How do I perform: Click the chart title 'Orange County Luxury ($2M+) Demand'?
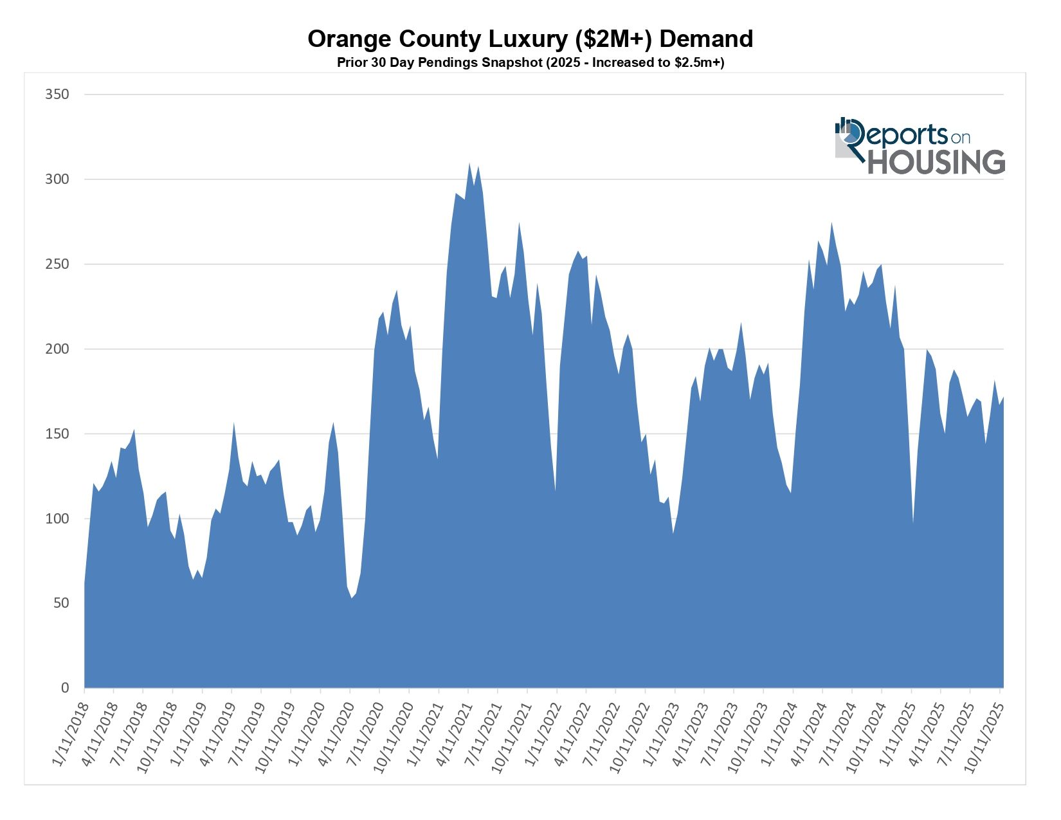pos(530,39)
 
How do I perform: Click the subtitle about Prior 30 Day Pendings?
pos(530,63)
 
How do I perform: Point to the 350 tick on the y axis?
pos(57,95)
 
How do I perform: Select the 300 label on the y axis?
pos(57,179)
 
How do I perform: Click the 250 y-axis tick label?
pos(57,264)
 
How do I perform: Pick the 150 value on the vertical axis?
pos(57,434)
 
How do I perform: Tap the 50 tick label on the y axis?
pos(60,603)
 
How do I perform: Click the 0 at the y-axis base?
pos(64,688)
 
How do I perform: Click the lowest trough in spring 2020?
pos(352,597)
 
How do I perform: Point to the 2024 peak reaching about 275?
pos(831,224)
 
